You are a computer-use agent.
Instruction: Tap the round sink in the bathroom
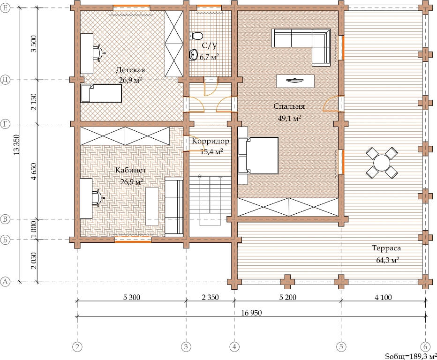click(x=193, y=55)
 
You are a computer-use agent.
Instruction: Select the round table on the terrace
click(x=382, y=163)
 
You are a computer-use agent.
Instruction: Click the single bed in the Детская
click(x=101, y=93)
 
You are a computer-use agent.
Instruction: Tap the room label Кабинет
click(x=131, y=170)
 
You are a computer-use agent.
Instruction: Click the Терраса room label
click(x=386, y=248)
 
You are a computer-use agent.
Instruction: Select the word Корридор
click(x=211, y=141)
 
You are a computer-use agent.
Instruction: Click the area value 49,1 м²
click(x=289, y=118)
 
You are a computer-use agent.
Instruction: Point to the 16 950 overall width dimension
click(x=251, y=313)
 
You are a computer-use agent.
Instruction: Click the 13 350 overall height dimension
click(x=17, y=145)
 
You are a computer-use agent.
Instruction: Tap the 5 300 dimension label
click(x=131, y=297)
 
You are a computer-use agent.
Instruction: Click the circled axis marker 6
click(x=425, y=347)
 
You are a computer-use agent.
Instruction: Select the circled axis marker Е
click(x=5, y=8)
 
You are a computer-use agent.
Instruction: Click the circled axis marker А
click(x=5, y=282)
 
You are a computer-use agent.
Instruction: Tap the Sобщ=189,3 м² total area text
click(x=411, y=356)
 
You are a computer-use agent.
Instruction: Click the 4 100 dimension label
click(x=383, y=297)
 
